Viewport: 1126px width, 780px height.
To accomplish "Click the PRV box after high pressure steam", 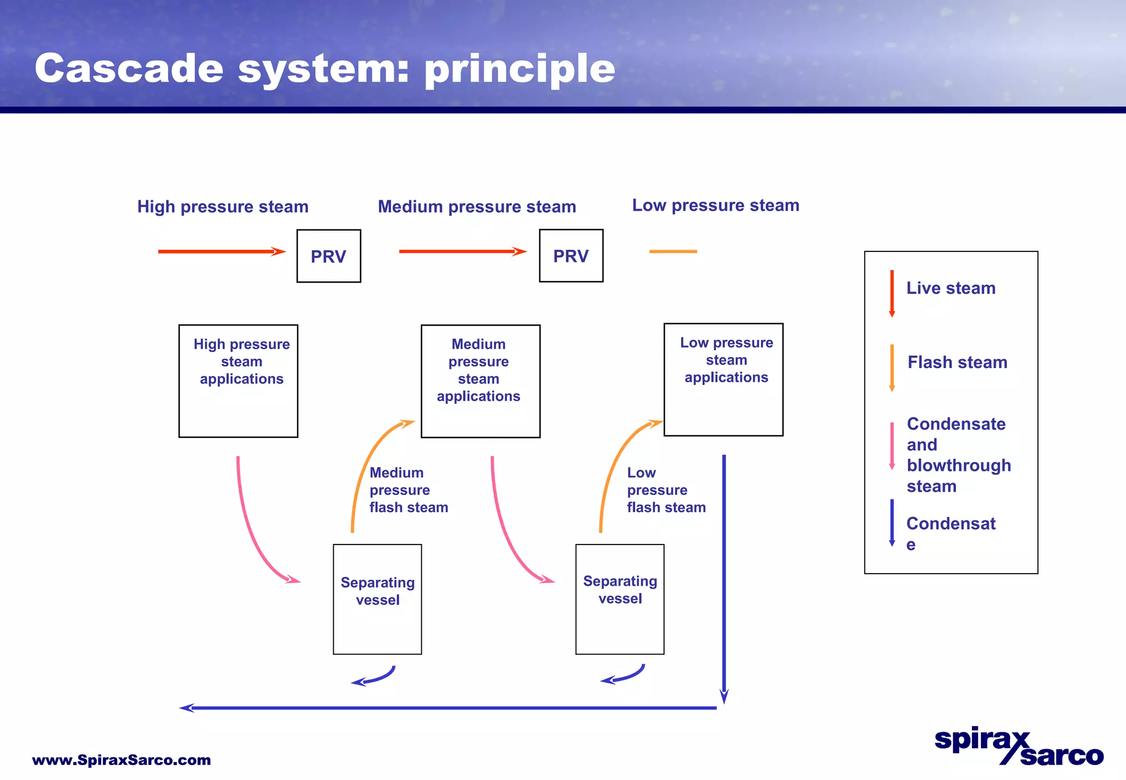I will [329, 256].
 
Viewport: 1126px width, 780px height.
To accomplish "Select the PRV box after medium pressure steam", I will [571, 256].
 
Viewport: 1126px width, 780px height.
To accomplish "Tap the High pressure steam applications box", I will [238, 381].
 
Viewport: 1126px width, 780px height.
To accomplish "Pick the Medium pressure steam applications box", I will [481, 381].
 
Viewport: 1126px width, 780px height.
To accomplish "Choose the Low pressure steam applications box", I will [723, 380].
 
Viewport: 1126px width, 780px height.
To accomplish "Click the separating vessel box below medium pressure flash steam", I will [377, 599].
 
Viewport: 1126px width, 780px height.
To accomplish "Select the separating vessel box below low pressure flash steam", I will [620, 599].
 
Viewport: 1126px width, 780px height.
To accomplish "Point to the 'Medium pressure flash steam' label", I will [409, 490].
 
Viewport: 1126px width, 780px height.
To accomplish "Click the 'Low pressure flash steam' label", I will [666, 490].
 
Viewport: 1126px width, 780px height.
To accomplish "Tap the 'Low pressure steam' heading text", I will [715, 205].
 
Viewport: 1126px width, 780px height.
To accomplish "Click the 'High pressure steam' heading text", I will [223, 207].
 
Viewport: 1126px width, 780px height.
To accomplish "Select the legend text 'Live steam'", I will [951, 288].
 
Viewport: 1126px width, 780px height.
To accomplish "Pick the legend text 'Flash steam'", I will [957, 362].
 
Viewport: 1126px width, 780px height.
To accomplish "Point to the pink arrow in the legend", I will [892, 446].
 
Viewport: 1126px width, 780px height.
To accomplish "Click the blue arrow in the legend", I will [892, 523].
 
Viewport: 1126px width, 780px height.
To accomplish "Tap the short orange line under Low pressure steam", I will [673, 251].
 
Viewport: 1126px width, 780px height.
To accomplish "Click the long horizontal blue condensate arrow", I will [448, 708].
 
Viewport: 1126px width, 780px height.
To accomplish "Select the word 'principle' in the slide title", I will [520, 69].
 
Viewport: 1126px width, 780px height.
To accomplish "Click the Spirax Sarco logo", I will [1019, 747].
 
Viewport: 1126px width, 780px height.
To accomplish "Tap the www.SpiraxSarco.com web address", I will [122, 760].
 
